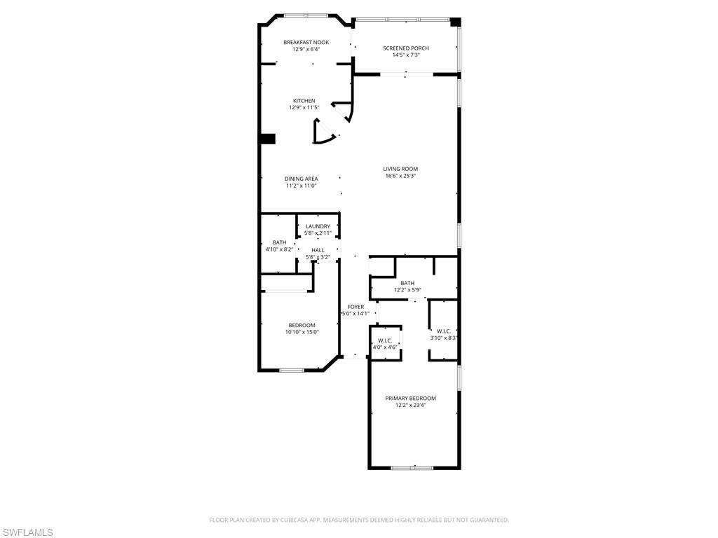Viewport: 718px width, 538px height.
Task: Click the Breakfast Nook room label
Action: click(306, 43)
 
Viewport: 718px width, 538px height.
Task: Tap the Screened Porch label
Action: click(406, 48)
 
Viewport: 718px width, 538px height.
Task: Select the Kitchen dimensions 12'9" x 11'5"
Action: click(304, 108)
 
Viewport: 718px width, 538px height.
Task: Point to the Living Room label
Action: click(400, 169)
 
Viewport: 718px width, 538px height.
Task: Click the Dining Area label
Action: click(302, 179)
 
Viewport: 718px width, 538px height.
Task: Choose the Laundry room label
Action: click(318, 226)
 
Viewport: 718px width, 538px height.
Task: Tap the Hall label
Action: click(318, 250)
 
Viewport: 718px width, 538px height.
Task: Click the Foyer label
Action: click(355, 307)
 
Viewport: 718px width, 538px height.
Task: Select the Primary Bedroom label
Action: click(411, 398)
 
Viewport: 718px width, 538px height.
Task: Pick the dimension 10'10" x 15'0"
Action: click(302, 333)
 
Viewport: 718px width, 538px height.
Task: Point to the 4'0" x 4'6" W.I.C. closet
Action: click(386, 343)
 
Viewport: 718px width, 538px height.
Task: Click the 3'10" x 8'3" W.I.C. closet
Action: click(444, 334)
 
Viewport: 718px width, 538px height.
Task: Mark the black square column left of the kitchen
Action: click(267, 139)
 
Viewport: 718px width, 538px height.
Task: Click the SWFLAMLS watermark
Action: click(27, 533)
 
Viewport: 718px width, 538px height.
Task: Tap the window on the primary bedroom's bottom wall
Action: click(412, 467)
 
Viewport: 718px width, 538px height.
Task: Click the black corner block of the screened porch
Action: click(455, 22)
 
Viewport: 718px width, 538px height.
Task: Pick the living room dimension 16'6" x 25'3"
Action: click(401, 176)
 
